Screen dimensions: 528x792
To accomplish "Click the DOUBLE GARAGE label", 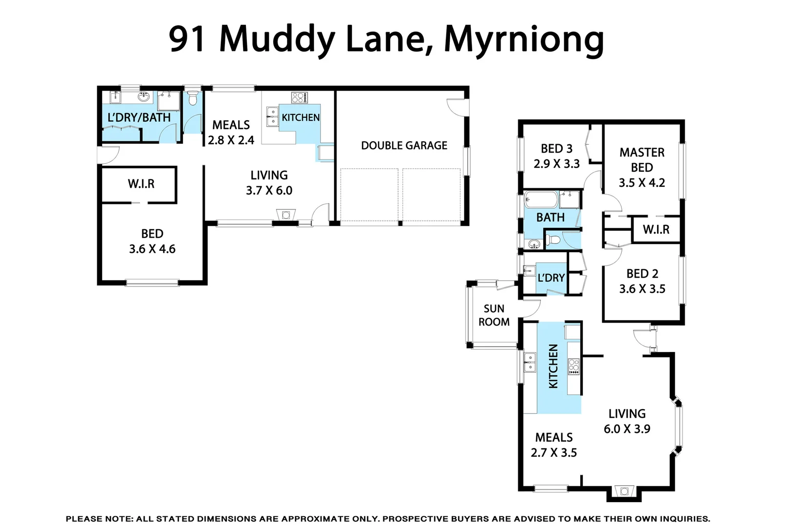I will (x=404, y=145).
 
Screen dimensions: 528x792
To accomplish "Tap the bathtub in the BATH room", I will (x=541, y=200).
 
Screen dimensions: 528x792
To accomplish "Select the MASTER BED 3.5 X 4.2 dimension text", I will (x=641, y=183).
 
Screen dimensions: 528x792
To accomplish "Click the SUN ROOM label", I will (x=494, y=315).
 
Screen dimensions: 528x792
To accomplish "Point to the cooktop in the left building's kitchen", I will (x=299, y=97).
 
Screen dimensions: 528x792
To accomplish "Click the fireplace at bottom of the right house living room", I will (x=624, y=491).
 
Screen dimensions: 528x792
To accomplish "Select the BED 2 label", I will (x=642, y=274).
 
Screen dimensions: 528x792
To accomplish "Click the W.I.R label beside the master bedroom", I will (x=656, y=229).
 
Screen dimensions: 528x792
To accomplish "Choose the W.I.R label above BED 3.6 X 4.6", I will (x=141, y=184).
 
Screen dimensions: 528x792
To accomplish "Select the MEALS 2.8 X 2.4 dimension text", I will (x=231, y=140).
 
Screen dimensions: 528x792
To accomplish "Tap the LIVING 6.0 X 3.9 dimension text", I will (x=627, y=429).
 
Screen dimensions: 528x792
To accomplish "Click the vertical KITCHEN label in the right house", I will (x=553, y=366).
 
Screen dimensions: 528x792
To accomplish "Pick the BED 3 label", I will (x=556, y=149).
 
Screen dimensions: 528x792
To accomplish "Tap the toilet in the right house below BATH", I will (x=553, y=240).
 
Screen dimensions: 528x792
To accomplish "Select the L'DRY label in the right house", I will (x=551, y=278).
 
